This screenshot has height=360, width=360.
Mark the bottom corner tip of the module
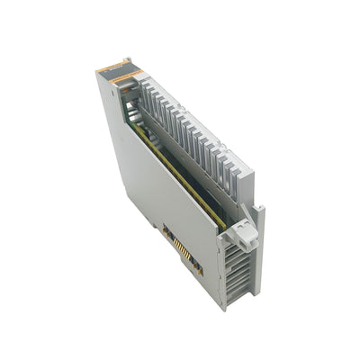(x=224, y=309)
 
